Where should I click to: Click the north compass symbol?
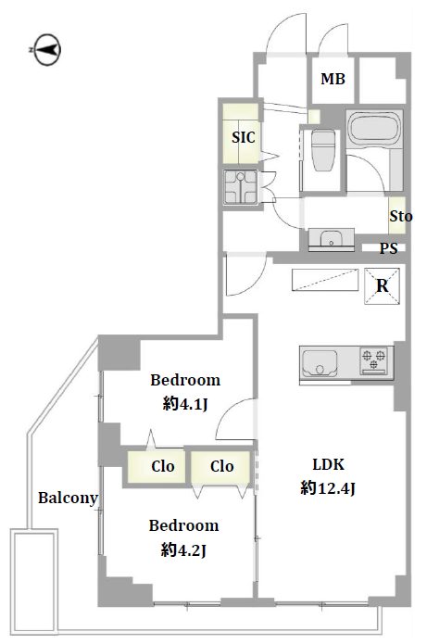pos(46,50)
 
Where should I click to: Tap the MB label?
pos(333,79)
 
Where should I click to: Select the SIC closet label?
pos(244,137)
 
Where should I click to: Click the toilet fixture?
pos(323,150)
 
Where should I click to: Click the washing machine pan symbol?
pos(240,187)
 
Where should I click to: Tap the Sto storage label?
pos(400,216)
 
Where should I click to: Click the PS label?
pos(388,248)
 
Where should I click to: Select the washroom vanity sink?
pos(331,239)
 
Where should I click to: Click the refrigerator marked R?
pos(382,285)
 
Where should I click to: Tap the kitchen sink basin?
pos(320,363)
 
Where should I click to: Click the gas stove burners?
pos(373,360)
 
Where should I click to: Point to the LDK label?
pos(329,464)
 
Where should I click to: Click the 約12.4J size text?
pos(328,488)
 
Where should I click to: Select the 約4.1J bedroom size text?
pos(185,405)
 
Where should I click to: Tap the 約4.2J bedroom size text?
pos(183,549)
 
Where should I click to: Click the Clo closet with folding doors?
pos(220,467)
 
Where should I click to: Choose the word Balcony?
pos(69,498)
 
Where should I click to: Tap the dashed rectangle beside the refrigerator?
pos(325,280)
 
